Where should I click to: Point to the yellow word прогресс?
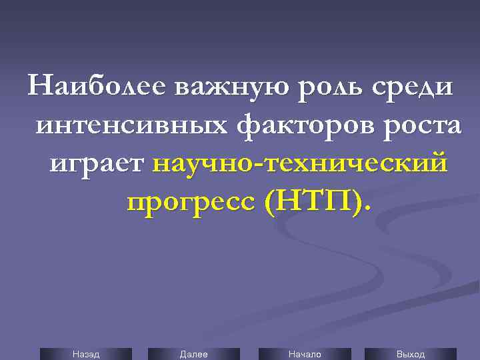coord(190,201)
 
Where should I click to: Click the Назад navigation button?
coord(86,354)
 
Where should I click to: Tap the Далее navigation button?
coord(193,354)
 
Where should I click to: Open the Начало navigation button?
coord(305,354)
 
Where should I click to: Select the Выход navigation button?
coord(411,354)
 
